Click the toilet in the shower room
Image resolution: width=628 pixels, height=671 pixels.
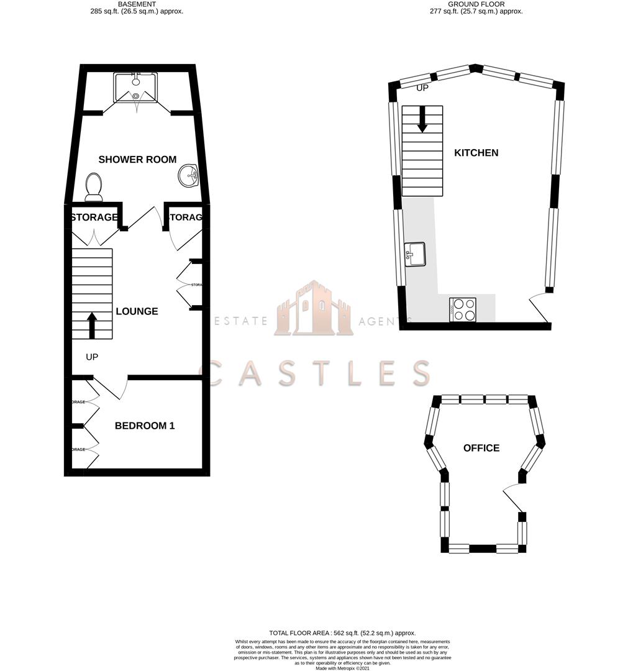pos(94,187)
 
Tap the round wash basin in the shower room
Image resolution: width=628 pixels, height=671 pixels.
pos(188,176)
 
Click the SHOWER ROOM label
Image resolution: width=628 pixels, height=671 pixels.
pos(137,160)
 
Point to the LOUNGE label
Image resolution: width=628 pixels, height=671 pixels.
pos(137,311)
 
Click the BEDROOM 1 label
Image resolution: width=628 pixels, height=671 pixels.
pos(145,426)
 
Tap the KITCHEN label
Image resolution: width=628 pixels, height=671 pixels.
pos(476,153)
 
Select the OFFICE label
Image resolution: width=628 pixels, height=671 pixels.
pos(481,448)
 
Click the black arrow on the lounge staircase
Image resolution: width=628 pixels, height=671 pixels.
pos(93,325)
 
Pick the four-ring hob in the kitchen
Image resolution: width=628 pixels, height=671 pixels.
pos(463,309)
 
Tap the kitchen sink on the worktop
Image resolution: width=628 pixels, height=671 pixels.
pos(414,254)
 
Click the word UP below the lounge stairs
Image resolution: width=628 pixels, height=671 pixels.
pos(93,357)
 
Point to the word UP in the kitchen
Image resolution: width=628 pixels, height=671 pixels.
pos(422,88)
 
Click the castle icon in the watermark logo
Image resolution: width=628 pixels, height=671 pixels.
pos(314,309)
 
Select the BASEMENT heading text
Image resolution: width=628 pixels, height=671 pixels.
pos(137,4)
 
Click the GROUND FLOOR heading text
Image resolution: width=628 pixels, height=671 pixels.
pos(476,4)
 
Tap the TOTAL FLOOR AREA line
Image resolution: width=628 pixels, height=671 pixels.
pos(342,633)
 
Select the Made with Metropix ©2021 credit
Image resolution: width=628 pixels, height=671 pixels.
pos(342,668)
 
